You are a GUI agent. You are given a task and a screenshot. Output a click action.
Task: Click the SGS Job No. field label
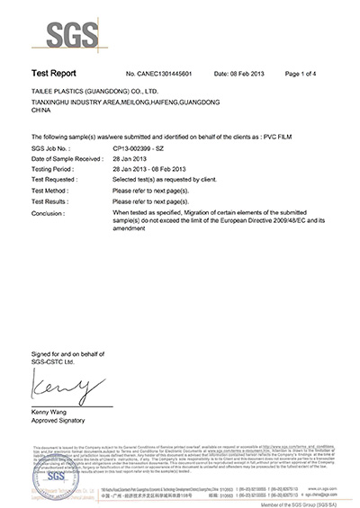(x=45, y=145)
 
